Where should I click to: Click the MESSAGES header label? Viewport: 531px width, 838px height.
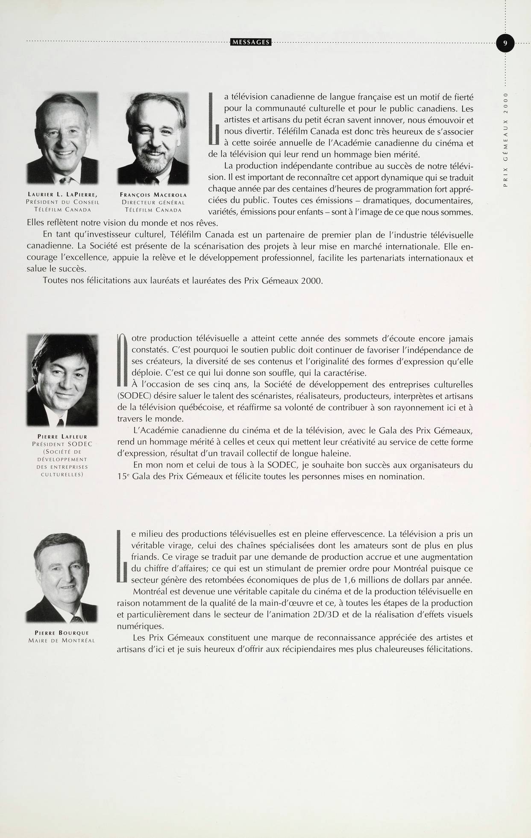click(250, 42)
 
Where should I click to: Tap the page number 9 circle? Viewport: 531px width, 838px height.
click(505, 43)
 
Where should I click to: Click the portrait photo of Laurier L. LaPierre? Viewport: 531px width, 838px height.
click(62, 138)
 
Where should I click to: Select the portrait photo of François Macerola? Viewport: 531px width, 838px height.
click(153, 138)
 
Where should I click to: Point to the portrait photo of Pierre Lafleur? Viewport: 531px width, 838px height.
click(62, 380)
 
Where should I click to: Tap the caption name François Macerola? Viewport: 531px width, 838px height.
click(153, 195)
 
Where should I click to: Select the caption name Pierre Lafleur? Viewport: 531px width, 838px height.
click(62, 436)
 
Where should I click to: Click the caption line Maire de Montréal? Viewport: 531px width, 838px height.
click(62, 640)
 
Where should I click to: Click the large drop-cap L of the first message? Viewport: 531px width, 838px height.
click(214, 119)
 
